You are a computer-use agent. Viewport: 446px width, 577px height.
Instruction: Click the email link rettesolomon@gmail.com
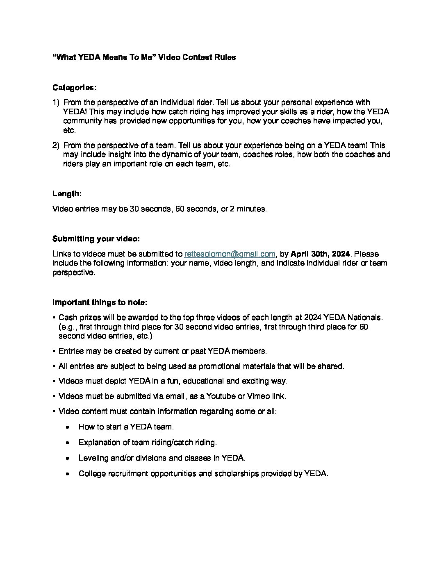click(230, 254)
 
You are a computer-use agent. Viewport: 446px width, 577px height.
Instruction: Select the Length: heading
click(67, 193)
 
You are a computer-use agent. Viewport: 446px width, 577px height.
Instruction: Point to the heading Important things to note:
click(100, 302)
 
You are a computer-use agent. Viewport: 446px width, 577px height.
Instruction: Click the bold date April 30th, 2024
click(320, 254)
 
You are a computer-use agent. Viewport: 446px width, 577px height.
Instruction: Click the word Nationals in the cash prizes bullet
click(365, 318)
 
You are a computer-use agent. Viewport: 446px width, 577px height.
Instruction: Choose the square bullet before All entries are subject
click(54, 366)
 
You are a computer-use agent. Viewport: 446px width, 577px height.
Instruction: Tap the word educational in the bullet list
click(203, 381)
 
